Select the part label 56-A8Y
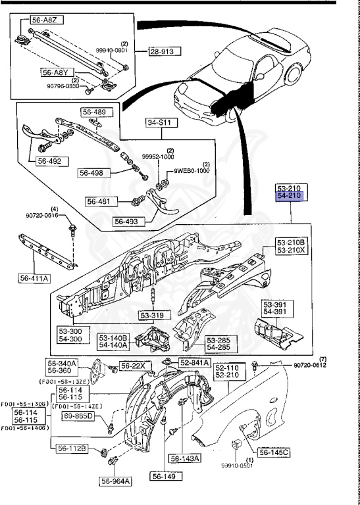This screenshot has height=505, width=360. click(55, 72)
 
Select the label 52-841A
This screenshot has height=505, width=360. click(194, 362)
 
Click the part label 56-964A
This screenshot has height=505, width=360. click(116, 481)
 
